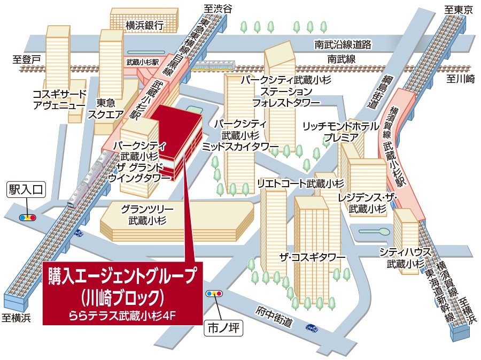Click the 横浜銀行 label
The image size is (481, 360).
144,25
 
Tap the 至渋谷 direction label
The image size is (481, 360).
219,9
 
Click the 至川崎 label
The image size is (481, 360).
461,79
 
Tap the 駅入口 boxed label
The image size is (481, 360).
28,189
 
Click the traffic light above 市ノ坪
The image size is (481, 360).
215,294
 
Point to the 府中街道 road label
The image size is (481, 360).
274,316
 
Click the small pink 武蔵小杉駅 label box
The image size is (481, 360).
143,62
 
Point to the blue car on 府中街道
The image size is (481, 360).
311,327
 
